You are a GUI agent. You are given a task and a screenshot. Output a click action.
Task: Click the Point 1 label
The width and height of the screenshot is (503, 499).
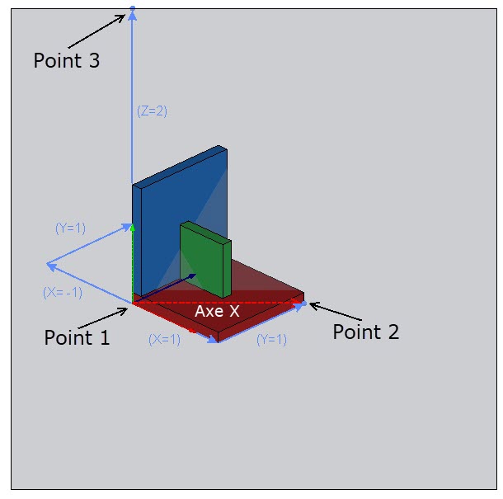click(x=77, y=337)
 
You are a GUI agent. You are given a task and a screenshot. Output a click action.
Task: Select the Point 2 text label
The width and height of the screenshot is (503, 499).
click(x=365, y=332)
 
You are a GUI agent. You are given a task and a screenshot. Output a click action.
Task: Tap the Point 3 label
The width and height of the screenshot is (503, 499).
click(x=67, y=60)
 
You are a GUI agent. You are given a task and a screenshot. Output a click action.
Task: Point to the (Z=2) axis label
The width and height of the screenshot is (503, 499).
click(x=152, y=111)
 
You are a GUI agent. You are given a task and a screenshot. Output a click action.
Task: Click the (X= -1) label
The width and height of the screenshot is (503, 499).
click(x=63, y=292)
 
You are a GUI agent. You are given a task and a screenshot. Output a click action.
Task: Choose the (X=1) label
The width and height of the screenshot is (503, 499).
click(x=164, y=338)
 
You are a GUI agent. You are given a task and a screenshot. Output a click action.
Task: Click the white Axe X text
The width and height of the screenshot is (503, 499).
click(x=217, y=311)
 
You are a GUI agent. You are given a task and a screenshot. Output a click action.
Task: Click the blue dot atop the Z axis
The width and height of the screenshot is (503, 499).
click(x=132, y=9)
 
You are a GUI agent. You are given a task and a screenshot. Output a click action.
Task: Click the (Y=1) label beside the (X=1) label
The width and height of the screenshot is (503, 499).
click(x=271, y=338)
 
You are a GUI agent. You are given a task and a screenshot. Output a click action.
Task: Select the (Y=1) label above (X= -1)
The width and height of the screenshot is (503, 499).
click(x=70, y=228)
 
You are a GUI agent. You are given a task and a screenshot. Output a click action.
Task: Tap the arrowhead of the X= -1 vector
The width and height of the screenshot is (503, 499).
click(x=49, y=266)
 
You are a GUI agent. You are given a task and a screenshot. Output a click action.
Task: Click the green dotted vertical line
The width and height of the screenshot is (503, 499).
click(x=133, y=264)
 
